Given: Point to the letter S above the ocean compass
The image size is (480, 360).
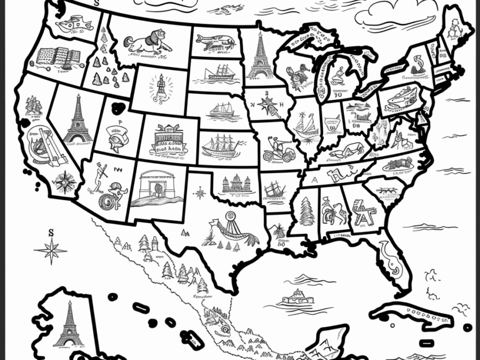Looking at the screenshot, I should pyautogui.click(x=51, y=233).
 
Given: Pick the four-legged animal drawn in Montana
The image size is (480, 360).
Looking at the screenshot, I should pyautogui.click(x=144, y=43).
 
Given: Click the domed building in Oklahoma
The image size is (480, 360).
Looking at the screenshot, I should pyautogui.click(x=236, y=184).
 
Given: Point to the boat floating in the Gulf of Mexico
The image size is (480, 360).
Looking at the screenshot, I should pyautogui.click(x=296, y=298).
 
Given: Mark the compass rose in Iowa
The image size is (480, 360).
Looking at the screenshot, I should pyautogui.click(x=267, y=105).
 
